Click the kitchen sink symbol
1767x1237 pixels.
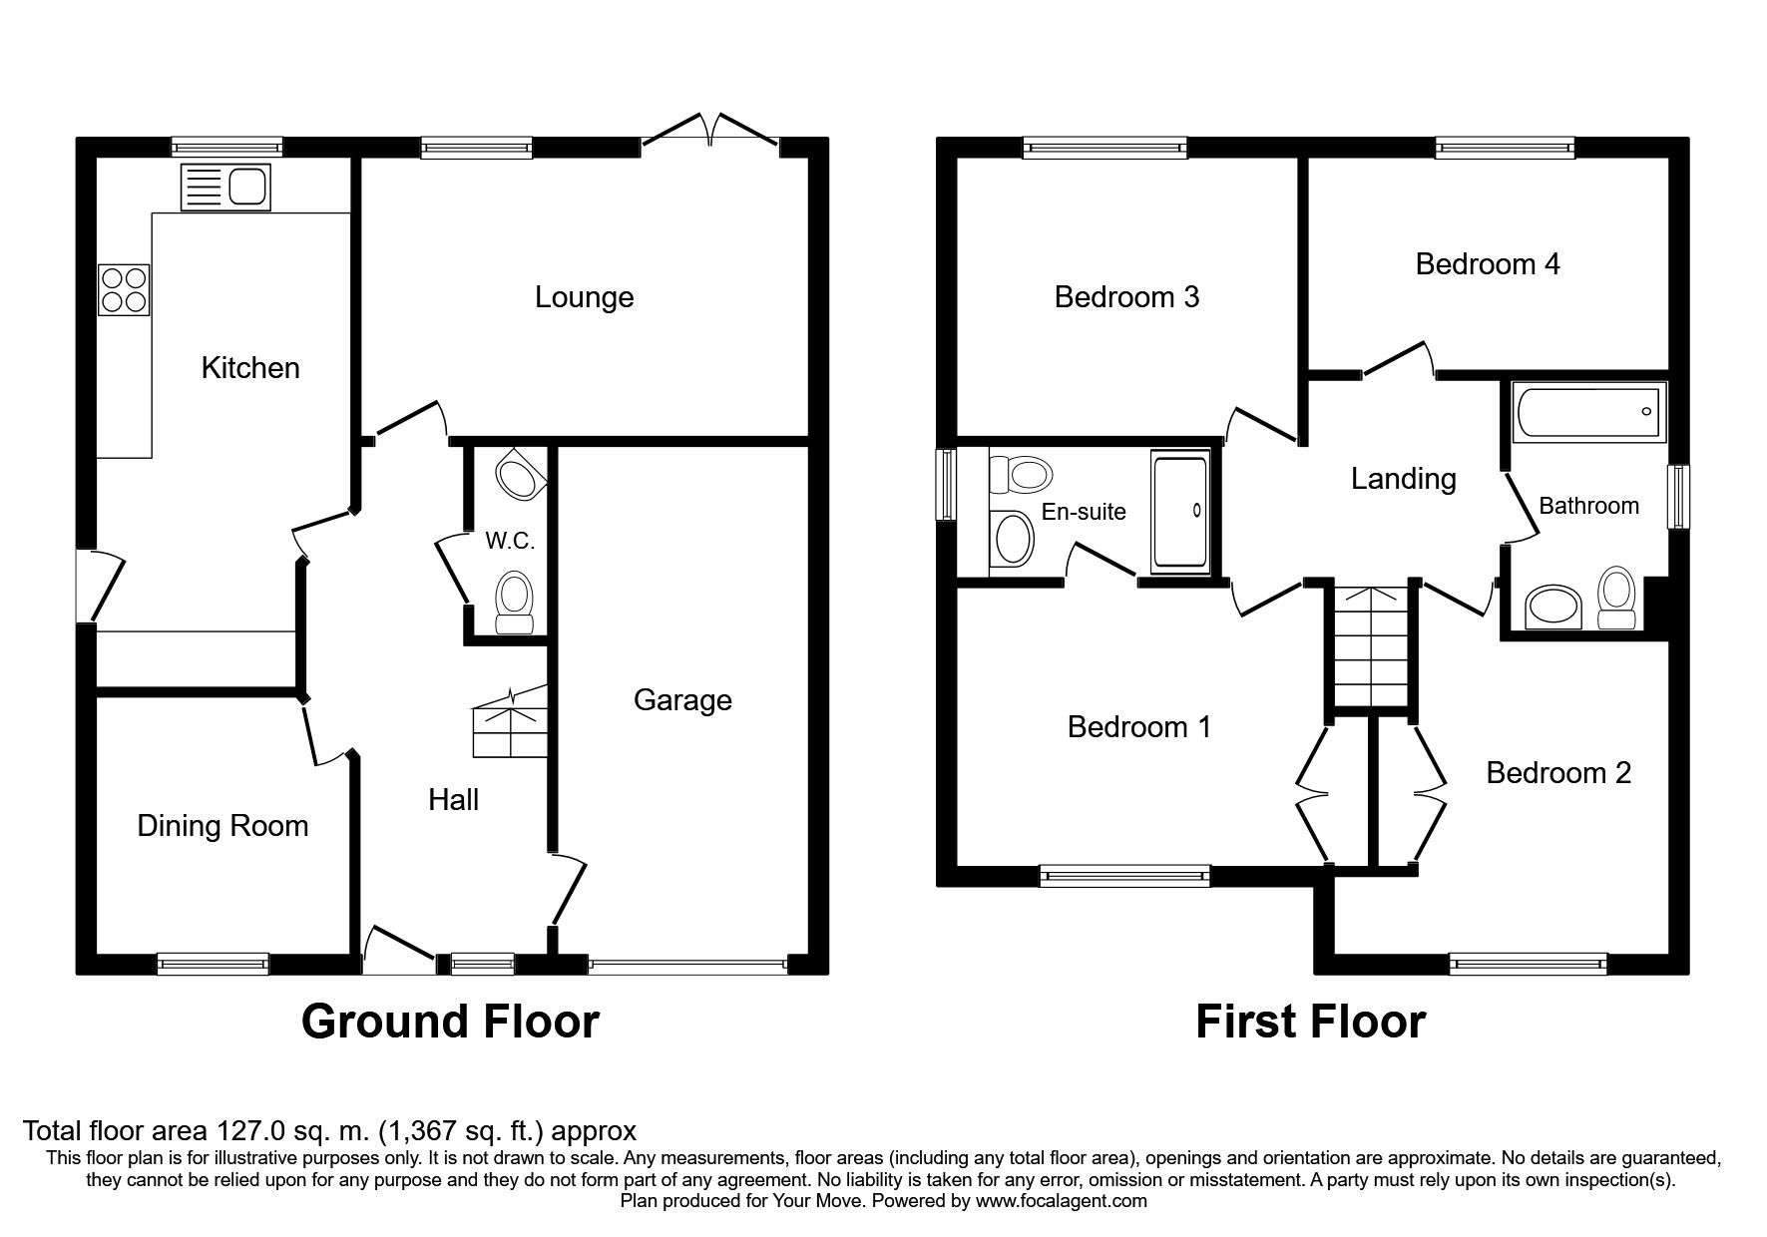[225, 188]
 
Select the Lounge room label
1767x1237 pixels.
[584, 297]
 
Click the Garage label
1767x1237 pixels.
[682, 700]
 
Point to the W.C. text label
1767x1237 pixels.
[510, 542]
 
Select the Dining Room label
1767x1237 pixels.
[222, 826]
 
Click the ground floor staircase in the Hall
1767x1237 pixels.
[511, 720]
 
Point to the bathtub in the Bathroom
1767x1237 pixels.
[1588, 411]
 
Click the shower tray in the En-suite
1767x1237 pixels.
[1179, 512]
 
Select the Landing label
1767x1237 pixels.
[1403, 479]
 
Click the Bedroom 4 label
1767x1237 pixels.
[1487, 264]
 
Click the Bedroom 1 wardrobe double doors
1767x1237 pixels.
[1314, 795]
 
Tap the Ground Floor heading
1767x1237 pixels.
[450, 1022]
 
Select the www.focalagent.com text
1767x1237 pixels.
[1061, 1201]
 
